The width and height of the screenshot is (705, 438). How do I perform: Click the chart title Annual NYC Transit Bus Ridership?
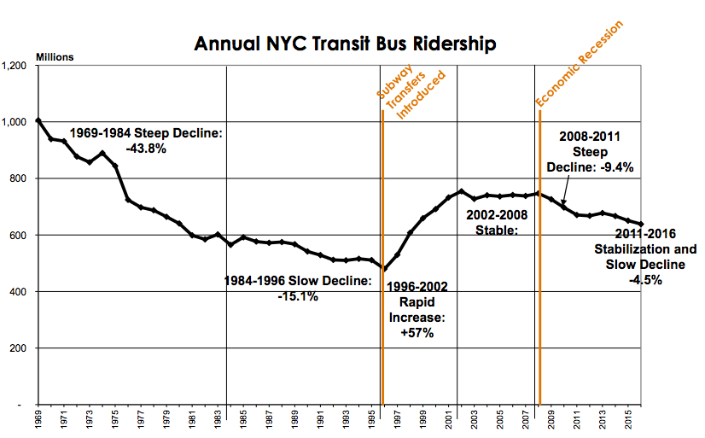point(345,44)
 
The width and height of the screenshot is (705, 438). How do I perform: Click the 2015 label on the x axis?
point(628,421)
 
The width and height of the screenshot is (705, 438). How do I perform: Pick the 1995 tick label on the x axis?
point(372,421)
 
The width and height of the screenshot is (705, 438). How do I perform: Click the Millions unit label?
point(55,57)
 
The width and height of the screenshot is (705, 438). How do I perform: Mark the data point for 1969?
point(38,120)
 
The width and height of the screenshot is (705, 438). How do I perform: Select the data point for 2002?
point(461,191)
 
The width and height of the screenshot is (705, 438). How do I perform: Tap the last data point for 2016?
point(641,225)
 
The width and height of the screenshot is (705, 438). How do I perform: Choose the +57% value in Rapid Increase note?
point(417,333)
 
